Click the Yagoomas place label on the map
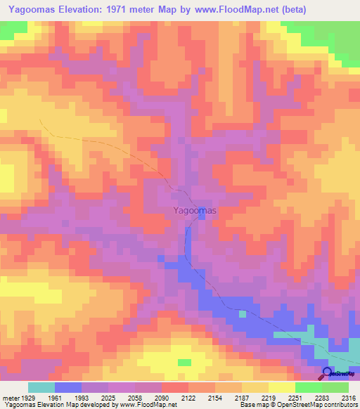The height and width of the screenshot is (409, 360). [x=195, y=209]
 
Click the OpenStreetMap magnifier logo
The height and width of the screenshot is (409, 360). [x=328, y=373]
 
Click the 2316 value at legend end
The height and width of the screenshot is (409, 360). [x=349, y=398]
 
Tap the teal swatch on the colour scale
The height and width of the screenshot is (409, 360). [x=41, y=387]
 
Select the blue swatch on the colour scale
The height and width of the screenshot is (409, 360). [x=67, y=387]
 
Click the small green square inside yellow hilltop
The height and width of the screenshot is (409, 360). [x=184, y=363]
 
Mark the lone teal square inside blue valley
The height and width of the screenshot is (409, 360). [x=243, y=313]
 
